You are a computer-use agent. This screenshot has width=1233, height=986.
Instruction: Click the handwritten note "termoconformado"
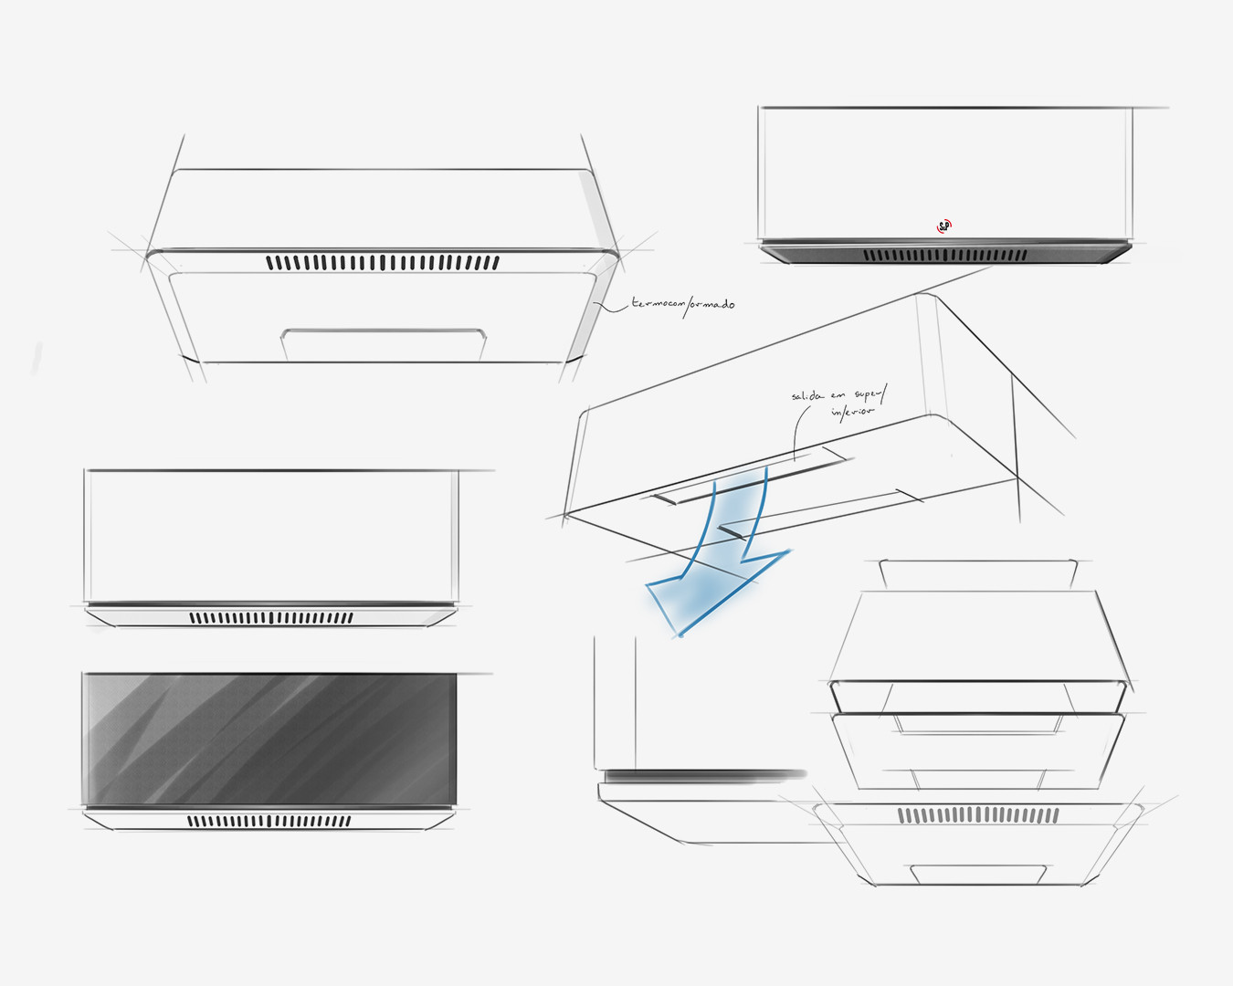pyautogui.click(x=683, y=303)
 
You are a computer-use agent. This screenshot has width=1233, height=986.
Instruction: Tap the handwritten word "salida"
pyautogui.click(x=807, y=396)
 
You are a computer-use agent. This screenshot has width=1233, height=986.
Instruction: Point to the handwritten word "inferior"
pyautogui.click(x=852, y=412)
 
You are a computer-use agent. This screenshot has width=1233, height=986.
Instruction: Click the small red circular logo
pyautogui.click(x=944, y=226)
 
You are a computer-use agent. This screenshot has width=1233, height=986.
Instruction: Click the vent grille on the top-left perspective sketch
pyautogui.click(x=383, y=263)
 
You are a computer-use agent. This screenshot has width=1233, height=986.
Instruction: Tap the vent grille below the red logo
pyautogui.click(x=945, y=256)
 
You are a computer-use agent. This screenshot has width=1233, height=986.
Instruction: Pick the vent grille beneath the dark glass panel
pyautogui.click(x=269, y=821)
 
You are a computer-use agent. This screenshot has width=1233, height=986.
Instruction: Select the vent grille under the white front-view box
pyautogui.click(x=271, y=618)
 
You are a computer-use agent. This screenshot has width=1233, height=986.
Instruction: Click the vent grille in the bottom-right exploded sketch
pyautogui.click(x=978, y=814)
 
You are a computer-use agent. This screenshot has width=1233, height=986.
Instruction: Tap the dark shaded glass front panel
pyautogui.click(x=269, y=739)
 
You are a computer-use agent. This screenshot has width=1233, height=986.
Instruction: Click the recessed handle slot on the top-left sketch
pyautogui.click(x=383, y=344)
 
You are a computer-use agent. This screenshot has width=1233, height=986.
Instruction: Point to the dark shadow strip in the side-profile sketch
pyautogui.click(x=703, y=776)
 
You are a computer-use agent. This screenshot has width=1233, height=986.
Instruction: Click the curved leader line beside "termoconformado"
pyautogui.click(x=607, y=304)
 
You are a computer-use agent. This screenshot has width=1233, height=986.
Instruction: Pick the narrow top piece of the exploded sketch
pyautogui.click(x=977, y=573)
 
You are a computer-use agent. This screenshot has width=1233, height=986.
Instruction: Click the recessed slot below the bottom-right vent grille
pyautogui.click(x=978, y=873)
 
